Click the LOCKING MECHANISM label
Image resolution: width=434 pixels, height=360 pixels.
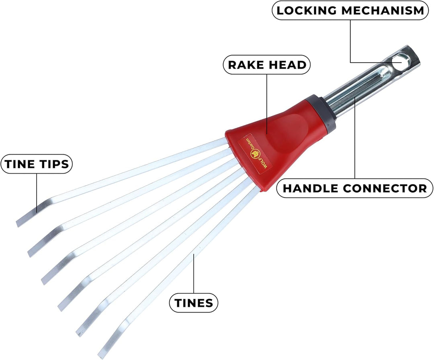(x=350, y=10)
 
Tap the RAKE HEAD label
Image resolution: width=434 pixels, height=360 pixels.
(x=267, y=65)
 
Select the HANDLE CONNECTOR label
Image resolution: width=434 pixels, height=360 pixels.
(x=354, y=188)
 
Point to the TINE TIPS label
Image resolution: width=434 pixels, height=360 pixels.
(x=37, y=164)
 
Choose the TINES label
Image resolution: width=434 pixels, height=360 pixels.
(x=194, y=303)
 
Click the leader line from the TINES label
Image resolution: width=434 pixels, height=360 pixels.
(x=194, y=274)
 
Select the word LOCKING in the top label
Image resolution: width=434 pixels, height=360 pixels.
(x=307, y=10)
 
